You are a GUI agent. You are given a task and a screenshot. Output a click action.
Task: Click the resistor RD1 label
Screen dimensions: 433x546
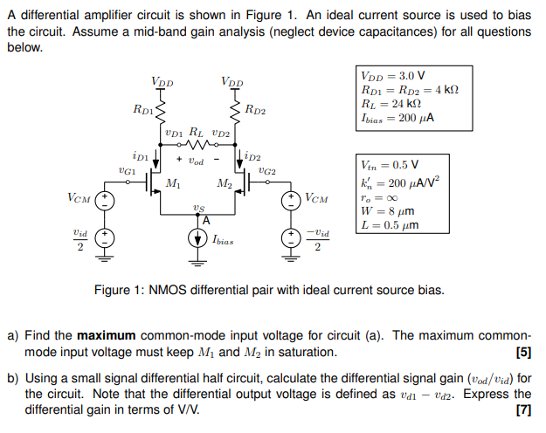[143, 111]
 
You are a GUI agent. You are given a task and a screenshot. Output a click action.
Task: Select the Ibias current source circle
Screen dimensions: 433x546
[197, 237]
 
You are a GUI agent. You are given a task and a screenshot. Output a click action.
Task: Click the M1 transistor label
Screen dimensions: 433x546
[173, 183]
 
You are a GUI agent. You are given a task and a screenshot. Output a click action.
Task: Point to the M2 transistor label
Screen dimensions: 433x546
[224, 183]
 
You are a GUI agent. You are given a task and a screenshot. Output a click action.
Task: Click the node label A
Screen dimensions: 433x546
[206, 219]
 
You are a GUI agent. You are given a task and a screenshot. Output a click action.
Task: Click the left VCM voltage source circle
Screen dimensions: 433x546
[105, 199]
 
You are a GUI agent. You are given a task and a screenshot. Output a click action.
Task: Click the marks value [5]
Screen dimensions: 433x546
[522, 353]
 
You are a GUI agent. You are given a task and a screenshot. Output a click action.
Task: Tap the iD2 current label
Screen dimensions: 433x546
[252, 157]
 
